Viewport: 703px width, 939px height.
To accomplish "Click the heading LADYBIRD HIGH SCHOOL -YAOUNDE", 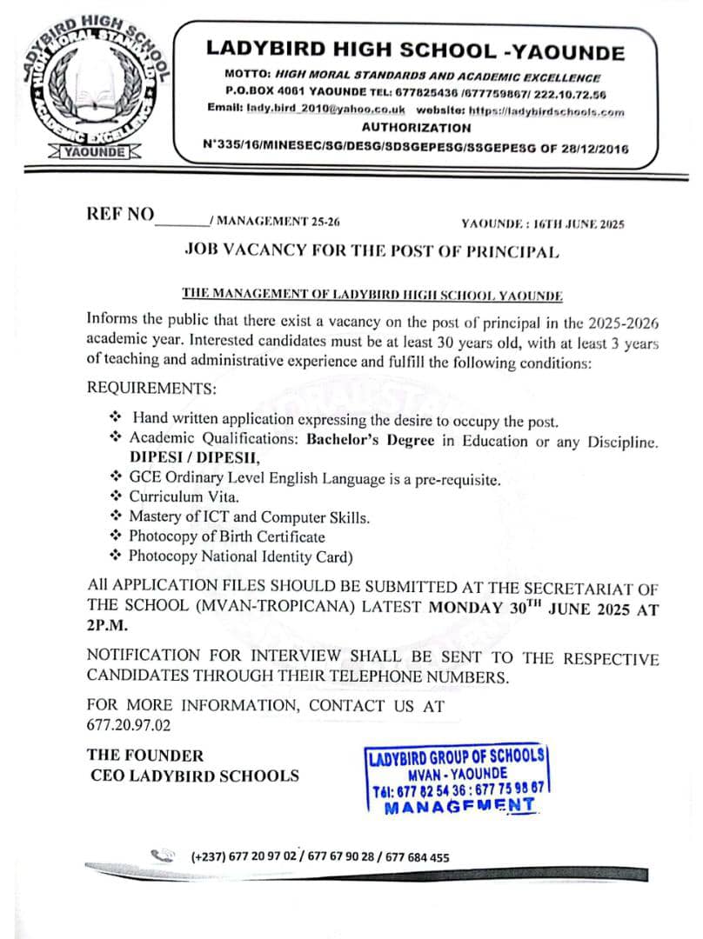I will [415, 50].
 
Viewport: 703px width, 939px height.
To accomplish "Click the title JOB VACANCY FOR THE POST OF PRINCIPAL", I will [372, 250].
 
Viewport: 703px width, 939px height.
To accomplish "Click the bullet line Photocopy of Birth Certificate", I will [226, 536].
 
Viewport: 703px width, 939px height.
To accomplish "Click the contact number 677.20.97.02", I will [129, 723].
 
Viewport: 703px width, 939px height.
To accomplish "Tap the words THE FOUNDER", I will [145, 756].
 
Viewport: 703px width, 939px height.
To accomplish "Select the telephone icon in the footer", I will [163, 856].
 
